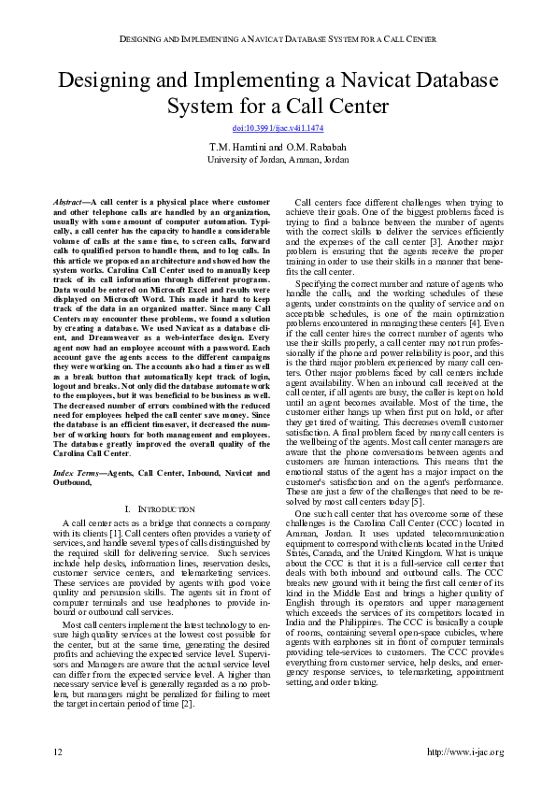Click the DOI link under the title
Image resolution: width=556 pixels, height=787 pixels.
[278, 127]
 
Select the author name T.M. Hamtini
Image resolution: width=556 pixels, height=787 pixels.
[235, 148]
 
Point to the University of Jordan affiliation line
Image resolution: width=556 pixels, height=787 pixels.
[278, 160]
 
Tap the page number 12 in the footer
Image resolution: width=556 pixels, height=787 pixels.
[57, 752]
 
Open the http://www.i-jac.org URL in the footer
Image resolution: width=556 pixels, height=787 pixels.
[464, 752]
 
